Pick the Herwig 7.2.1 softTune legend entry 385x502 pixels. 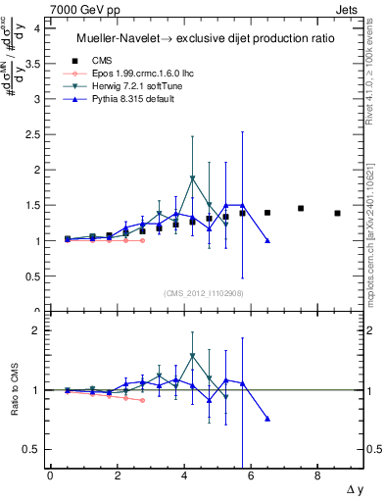click(x=134, y=86)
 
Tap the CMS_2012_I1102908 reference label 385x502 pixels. click(x=205, y=293)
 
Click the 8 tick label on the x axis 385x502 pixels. click(x=316, y=476)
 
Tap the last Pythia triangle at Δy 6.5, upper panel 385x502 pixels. click(x=267, y=240)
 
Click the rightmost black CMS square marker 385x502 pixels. click(x=337, y=213)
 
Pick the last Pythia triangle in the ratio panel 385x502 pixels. click(x=267, y=419)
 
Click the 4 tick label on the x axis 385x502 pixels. click(x=183, y=476)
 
